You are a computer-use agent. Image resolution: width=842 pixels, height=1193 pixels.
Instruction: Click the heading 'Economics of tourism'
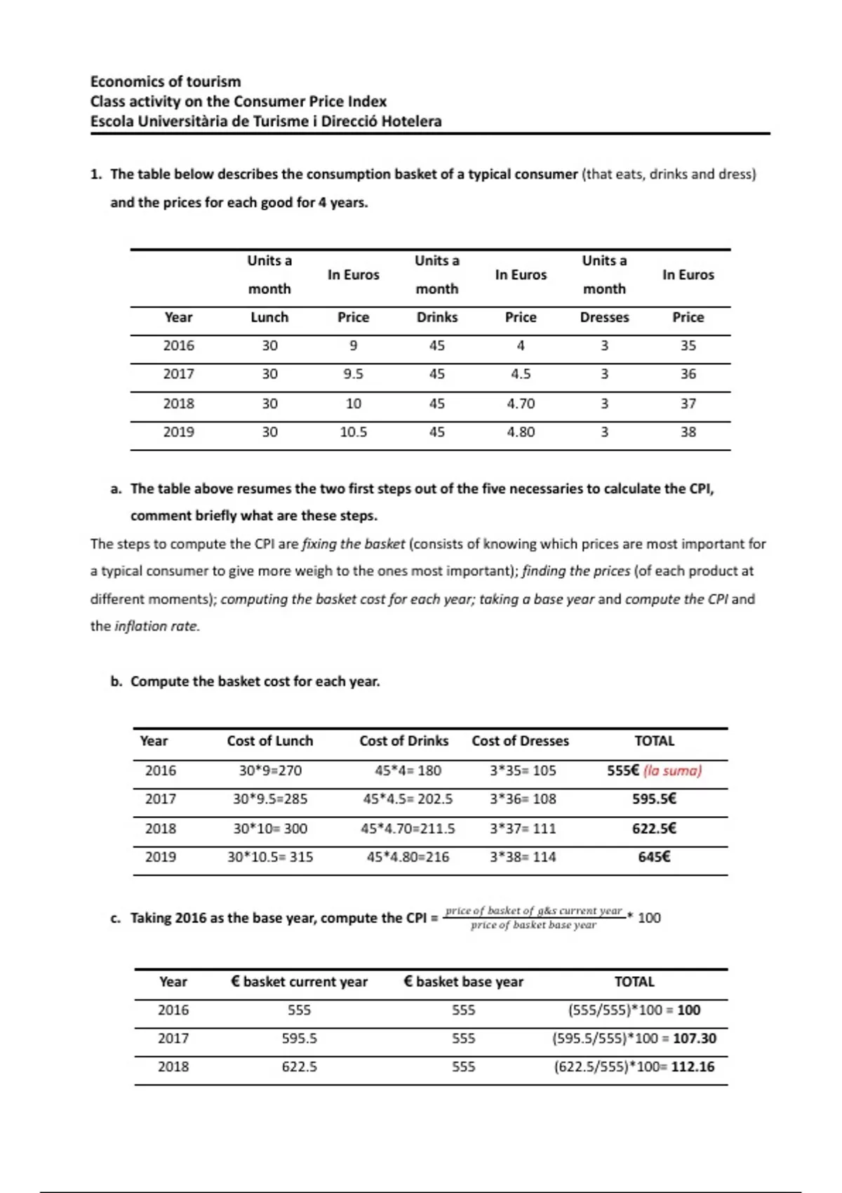pos(166,81)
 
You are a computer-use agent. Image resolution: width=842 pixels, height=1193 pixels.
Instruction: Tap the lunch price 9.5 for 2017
pos(353,374)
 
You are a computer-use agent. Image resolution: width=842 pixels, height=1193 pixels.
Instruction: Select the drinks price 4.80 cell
pos(521,432)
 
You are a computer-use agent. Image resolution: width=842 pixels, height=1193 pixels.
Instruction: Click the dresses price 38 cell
pos(688,432)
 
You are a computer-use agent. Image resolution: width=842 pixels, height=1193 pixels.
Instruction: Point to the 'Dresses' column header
pos(604,317)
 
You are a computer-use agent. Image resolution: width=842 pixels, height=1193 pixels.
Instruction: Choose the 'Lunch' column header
pos(269,317)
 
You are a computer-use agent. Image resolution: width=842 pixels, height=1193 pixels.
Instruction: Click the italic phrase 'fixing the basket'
pos(353,544)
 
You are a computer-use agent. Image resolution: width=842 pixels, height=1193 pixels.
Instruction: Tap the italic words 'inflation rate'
pos(156,626)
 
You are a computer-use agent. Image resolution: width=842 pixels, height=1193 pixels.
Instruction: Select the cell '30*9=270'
pos(270,771)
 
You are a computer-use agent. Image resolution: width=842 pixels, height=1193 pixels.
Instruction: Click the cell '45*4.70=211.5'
pos(408,828)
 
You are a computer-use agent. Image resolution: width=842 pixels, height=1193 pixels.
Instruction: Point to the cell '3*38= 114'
pos(523,857)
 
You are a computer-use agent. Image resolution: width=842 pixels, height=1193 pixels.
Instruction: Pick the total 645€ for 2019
pos(654,857)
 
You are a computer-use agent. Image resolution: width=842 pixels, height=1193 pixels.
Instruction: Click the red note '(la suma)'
pos(673,771)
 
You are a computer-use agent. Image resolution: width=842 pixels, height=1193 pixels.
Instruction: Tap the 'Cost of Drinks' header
pos(403,741)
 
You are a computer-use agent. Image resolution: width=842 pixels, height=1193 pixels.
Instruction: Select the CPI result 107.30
pos(695,1038)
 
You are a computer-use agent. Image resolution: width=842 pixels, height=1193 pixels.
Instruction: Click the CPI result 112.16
pos(693,1067)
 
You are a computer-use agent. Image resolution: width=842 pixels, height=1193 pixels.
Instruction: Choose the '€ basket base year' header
pos(463,982)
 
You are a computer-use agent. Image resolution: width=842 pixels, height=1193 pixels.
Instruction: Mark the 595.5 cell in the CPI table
pos(299,1038)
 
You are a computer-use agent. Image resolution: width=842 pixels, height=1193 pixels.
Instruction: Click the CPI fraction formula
pos(534,918)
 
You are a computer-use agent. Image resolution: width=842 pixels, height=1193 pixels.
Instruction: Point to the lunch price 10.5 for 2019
pos(353,432)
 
